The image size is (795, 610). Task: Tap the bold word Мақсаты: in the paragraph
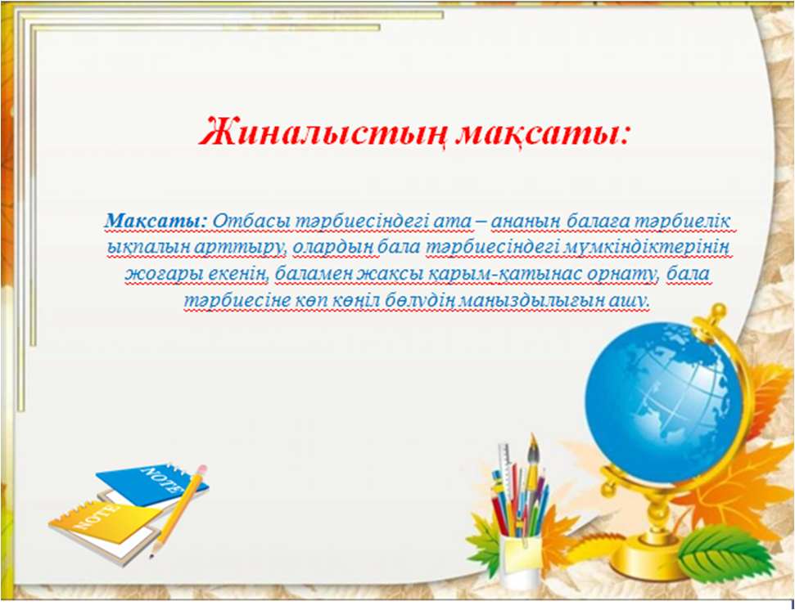tap(156, 222)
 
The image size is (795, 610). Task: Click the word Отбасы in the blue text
tap(251, 222)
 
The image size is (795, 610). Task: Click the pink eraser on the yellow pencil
tap(202, 470)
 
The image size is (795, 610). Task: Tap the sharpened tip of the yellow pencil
tap(151, 556)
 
